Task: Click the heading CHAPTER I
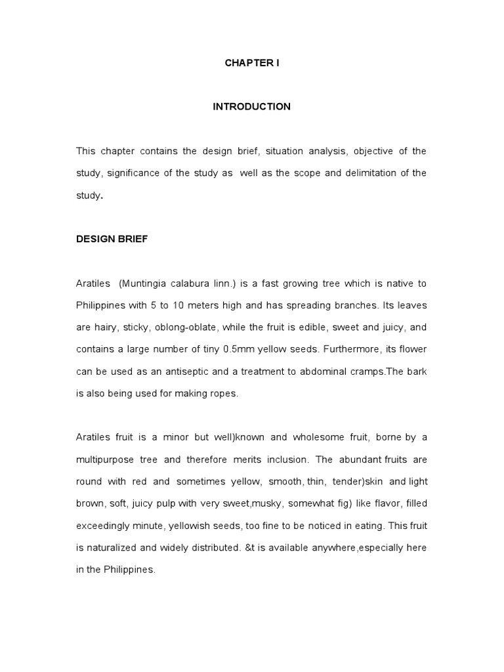[x=252, y=63]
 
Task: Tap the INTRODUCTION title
[x=252, y=106]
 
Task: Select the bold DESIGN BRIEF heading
[x=112, y=239]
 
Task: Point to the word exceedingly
[x=105, y=526]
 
